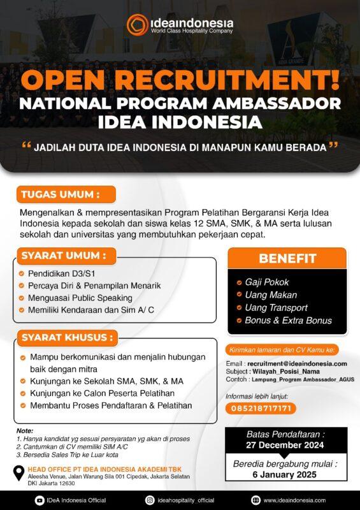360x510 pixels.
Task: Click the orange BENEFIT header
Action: point(287,258)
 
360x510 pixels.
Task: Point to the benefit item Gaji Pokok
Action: point(267,282)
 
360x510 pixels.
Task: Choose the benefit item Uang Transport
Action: point(276,308)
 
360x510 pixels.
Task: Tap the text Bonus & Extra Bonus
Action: point(288,321)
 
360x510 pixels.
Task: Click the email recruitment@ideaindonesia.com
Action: point(297,363)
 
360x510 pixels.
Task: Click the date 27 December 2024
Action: point(285,445)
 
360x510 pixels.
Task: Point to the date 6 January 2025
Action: point(285,475)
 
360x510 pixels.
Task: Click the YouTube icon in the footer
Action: point(39,500)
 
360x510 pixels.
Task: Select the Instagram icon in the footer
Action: point(150,500)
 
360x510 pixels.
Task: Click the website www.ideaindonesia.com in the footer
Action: point(294,500)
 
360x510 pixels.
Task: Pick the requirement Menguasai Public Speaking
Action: point(80,298)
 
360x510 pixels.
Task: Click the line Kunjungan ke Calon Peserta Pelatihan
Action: point(102,393)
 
